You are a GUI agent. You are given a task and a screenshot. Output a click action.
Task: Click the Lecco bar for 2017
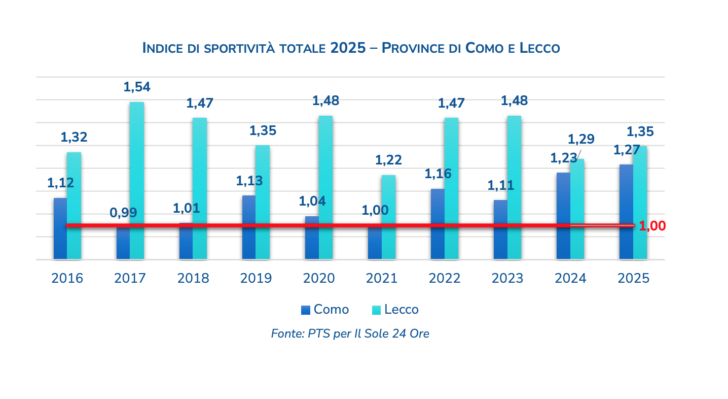coord(137,180)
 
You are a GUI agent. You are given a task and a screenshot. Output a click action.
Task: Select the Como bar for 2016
coord(60,228)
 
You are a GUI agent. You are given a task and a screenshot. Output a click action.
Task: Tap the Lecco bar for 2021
coord(388,217)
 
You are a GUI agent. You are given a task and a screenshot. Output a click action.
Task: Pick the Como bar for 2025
coord(626,212)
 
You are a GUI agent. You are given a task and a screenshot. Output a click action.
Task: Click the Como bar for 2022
coord(437,224)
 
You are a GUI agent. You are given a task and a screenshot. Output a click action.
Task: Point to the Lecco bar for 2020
coord(325,187)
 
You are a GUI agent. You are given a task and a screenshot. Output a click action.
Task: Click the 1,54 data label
coord(137,87)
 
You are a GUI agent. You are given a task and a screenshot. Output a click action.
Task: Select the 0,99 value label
coord(123,213)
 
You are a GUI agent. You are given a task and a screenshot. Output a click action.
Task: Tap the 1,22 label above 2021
coord(388,160)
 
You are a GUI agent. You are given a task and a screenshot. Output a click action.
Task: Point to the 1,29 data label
coord(581,139)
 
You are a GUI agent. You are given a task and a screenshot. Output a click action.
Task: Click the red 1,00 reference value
coord(652,226)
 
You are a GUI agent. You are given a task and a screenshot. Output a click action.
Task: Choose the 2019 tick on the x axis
coord(256,278)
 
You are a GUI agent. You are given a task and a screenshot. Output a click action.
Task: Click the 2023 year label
coord(507,278)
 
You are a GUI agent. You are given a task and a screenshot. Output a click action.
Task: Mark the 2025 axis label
coord(633,278)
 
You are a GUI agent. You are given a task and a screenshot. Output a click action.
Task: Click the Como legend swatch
coord(306,310)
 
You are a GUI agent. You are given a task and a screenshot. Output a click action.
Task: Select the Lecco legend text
coord(402,310)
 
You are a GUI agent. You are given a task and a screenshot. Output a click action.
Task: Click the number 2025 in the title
coord(348,48)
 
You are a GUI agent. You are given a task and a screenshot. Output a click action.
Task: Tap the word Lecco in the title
coord(540,48)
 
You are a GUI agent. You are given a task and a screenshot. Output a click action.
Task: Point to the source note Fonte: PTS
coord(350,334)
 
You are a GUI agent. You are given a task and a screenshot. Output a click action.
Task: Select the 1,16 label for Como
coord(438,174)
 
